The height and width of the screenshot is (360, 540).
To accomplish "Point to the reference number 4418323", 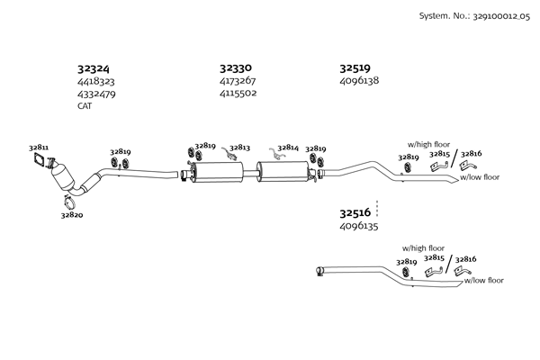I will (x=95, y=81).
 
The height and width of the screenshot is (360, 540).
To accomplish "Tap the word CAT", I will (x=85, y=105).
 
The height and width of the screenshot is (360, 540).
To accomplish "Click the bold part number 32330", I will (x=235, y=67).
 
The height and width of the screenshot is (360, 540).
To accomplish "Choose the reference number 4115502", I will (x=238, y=93).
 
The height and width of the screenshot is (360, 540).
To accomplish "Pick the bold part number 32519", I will (x=355, y=67).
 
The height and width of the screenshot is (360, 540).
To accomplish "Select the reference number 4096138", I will (x=359, y=80).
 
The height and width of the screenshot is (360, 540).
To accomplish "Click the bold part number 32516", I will (x=355, y=213).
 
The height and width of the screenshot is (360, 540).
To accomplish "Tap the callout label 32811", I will (x=39, y=147).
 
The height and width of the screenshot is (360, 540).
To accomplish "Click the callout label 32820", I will (x=72, y=216).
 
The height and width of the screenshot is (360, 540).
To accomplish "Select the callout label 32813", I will (x=239, y=148).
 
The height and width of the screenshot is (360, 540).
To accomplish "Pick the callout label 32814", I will (x=288, y=148).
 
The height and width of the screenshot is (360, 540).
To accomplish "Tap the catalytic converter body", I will (x=62, y=175).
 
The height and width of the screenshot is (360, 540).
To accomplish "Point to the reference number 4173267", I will (x=238, y=80).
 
